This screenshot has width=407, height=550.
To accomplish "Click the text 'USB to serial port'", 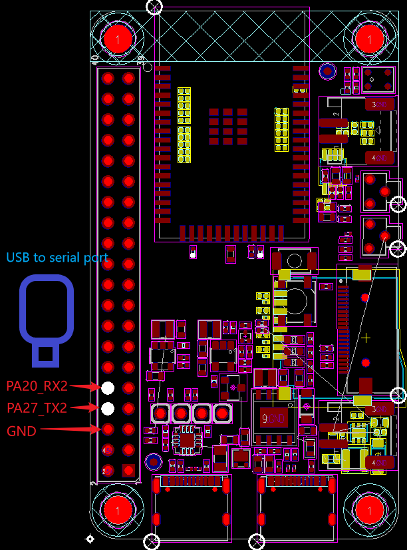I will (x=57, y=258).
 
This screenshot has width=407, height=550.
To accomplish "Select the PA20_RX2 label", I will (x=37, y=386).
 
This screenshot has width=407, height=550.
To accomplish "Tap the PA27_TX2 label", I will (x=37, y=408).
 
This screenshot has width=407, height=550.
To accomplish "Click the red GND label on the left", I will (x=21, y=431).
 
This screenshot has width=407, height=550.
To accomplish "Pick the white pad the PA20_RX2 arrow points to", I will (x=108, y=388).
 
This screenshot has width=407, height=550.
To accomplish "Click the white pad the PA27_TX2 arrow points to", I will (x=108, y=408).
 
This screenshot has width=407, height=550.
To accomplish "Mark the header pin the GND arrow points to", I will (x=108, y=429).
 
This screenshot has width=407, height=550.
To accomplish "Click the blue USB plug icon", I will (x=46, y=320).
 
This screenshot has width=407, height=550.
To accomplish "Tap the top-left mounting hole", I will (x=118, y=39).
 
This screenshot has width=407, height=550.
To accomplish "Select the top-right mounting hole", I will (x=369, y=39).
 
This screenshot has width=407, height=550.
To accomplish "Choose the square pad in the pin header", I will (x=128, y=470).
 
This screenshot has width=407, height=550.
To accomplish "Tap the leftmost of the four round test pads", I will (x=161, y=413).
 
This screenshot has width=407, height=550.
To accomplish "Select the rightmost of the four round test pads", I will (x=222, y=413).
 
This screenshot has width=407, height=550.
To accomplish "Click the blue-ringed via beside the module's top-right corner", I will (x=327, y=71).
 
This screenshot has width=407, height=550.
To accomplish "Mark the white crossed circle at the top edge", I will (x=154, y=7).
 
